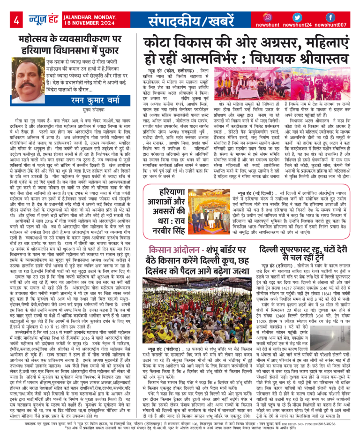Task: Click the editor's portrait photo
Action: tap(31, 80)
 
